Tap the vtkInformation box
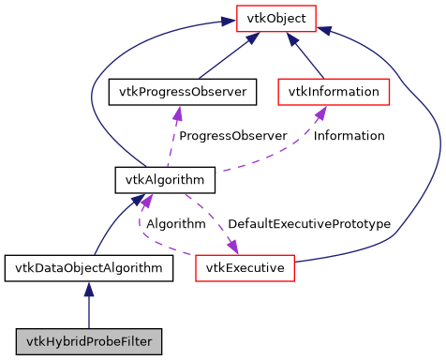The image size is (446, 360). (x=334, y=92)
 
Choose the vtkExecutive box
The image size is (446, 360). (x=245, y=269)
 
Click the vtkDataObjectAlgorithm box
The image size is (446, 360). (x=88, y=269)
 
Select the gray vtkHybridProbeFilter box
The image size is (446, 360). (x=88, y=338)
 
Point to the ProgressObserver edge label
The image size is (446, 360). (x=232, y=136)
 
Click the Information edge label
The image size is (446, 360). (x=349, y=136)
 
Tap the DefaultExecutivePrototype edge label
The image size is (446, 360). (x=308, y=224)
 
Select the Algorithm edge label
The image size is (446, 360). (x=175, y=224)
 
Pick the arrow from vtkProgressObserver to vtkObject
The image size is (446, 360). (x=225, y=58)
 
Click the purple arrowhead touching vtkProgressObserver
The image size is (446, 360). (x=177, y=112)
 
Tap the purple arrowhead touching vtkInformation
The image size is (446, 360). (x=320, y=112)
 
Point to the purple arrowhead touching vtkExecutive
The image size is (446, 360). (x=230, y=248)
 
